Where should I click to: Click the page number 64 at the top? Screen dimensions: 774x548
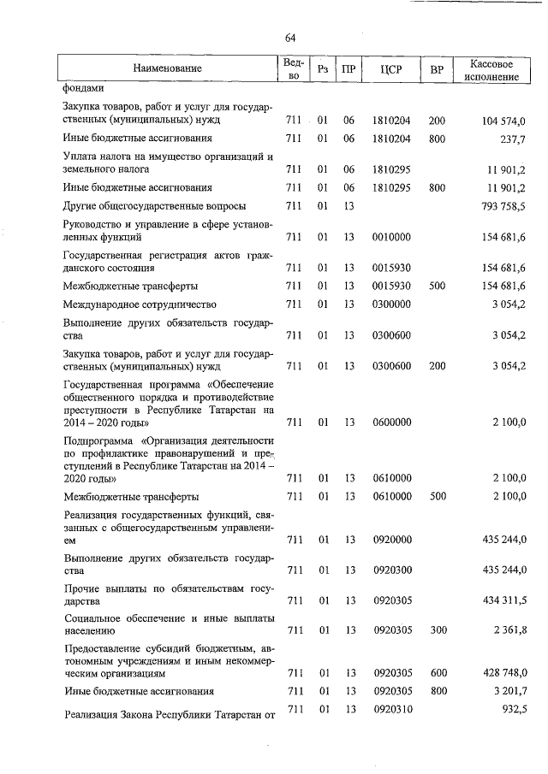tap(290, 38)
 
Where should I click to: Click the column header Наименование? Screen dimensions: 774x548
tap(167, 68)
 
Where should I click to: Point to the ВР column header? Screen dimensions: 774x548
tap(437, 68)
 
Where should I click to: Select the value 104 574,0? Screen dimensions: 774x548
tap(503, 121)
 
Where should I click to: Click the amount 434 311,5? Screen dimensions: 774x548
tap(503, 601)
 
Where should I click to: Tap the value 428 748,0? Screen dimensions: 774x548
tap(503, 673)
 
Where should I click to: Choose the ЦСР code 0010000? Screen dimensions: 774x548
tap(392, 237)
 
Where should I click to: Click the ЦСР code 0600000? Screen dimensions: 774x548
tap(392, 422)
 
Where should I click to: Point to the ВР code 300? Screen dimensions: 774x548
tap(437, 630)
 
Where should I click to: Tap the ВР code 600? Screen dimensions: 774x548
tap(437, 673)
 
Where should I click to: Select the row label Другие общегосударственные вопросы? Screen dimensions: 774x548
tap(154, 206)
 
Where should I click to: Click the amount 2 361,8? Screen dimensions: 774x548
tap(509, 630)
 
